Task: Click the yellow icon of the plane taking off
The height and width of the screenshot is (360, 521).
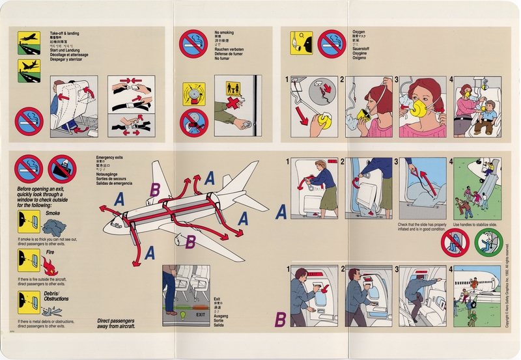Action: point(29,40)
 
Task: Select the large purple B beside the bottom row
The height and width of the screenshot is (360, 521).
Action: point(281,320)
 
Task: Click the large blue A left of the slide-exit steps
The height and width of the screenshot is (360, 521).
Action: point(281,212)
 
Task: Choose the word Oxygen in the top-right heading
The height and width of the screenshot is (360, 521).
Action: point(358,32)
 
